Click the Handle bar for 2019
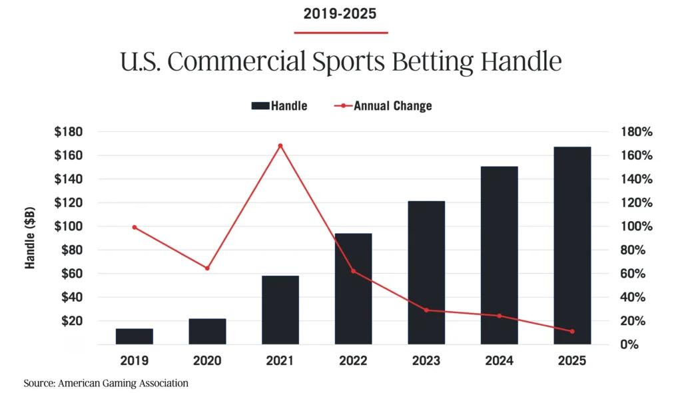tap(134, 336)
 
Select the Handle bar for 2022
tap(353, 288)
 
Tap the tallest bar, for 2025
tap(572, 245)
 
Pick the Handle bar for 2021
tap(280, 310)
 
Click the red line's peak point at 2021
tap(280, 146)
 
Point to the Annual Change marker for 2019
tap(135, 227)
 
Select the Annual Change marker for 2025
tap(572, 331)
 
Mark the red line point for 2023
tap(426, 310)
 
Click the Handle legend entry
tap(280, 106)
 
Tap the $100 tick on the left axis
tap(69, 226)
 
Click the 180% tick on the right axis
tap(637, 132)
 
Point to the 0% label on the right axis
tap(630, 345)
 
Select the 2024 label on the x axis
tap(499, 361)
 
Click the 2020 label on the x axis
tap(207, 361)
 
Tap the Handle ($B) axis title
tap(30, 238)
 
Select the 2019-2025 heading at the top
tap(340, 13)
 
